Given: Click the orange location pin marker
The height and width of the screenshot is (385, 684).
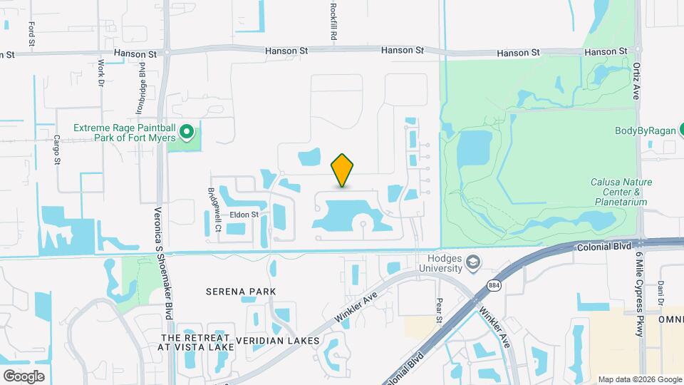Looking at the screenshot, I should point(343,170).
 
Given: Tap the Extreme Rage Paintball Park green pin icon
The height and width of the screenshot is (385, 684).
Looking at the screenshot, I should point(187,132).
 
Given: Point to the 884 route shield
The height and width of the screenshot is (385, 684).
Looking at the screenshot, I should point(494,285).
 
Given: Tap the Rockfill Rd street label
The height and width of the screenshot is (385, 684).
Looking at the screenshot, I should point(333,20).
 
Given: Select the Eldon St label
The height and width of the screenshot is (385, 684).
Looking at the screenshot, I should point(244,213).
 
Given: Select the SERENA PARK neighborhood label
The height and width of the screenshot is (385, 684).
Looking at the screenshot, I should point(240,292).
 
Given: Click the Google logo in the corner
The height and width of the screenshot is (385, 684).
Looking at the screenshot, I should point(24,376).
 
